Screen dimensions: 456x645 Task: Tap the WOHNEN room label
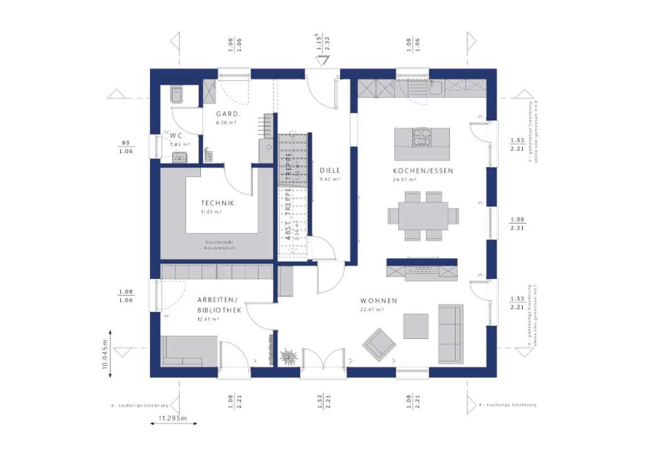tap(379, 301)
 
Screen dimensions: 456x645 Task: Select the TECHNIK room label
tap(217, 203)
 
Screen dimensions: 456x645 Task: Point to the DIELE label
tap(329, 170)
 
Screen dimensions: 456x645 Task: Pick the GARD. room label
tap(225, 114)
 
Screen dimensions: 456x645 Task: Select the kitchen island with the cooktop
tap(422, 144)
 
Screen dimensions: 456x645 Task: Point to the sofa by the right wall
tap(450, 334)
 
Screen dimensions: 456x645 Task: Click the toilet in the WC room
tap(176, 94)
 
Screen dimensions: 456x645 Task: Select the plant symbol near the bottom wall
tap(289, 357)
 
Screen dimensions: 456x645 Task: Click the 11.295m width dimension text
tap(169, 418)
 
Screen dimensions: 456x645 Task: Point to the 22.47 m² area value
tap(372, 309)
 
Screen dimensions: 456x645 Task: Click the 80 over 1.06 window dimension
tap(126, 147)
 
